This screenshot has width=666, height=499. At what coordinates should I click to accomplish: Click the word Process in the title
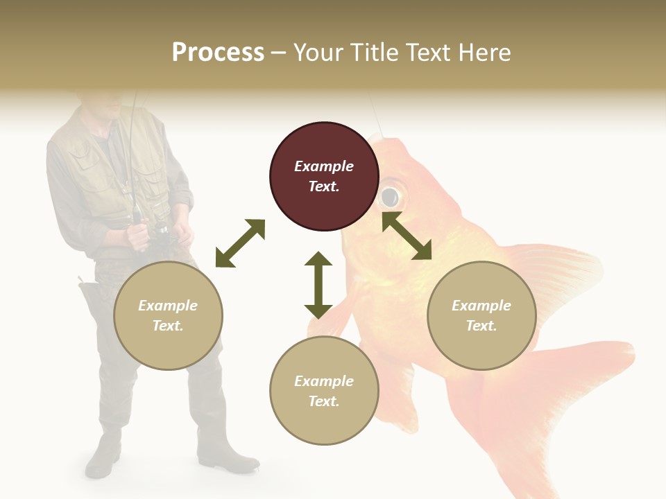pyautogui.click(x=218, y=53)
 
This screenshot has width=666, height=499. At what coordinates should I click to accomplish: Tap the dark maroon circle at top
pyautogui.click(x=324, y=176)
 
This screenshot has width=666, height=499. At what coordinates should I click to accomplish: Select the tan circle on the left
pyautogui.click(x=168, y=316)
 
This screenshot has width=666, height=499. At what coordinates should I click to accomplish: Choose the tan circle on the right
pyautogui.click(x=481, y=316)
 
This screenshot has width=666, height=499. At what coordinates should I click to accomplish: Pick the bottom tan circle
pyautogui.click(x=324, y=391)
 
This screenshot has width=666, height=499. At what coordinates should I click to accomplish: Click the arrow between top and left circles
pyautogui.click(x=240, y=243)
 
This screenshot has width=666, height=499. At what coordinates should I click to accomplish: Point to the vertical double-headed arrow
pyautogui.click(x=318, y=285)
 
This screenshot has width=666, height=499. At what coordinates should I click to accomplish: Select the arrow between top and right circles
pyautogui.click(x=407, y=236)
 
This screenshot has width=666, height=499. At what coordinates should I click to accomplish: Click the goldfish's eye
pyautogui.click(x=391, y=196)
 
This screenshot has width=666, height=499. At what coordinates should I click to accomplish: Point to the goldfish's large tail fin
pyautogui.click(x=548, y=409)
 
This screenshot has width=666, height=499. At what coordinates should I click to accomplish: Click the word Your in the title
pyautogui.click(x=320, y=53)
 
